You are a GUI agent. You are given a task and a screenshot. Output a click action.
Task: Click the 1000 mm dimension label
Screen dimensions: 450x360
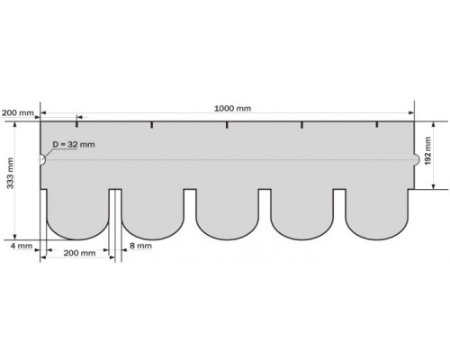pyautogui.click(x=232, y=108)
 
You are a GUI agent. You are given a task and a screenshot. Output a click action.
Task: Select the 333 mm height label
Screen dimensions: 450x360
pyautogui.click(x=10, y=173)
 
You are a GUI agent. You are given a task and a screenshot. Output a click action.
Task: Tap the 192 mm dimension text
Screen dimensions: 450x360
pyautogui.click(x=427, y=150)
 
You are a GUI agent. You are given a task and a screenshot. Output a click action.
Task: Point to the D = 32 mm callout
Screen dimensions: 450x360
pyautogui.click(x=74, y=144)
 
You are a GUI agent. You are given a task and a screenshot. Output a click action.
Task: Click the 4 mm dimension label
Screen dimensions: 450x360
pyautogui.click(x=22, y=246)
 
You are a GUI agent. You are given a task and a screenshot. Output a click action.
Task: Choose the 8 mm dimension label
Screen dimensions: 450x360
pyautogui.click(x=140, y=246)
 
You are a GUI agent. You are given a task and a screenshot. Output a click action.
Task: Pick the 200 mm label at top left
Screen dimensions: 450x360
pyautogui.click(x=18, y=113)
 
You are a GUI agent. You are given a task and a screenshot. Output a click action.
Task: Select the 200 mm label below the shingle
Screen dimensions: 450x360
pyautogui.click(x=79, y=253)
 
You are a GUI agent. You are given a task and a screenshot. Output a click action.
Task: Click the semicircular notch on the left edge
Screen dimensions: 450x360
pyautogui.click(x=42, y=159)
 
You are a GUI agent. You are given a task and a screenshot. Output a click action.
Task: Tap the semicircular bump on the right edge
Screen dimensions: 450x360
pyautogui.click(x=417, y=159)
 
